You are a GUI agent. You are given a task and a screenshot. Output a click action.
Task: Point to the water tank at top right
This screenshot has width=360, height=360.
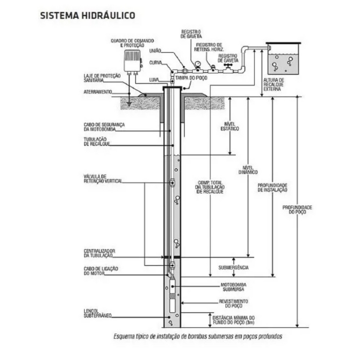pyautogui.click(x=282, y=58)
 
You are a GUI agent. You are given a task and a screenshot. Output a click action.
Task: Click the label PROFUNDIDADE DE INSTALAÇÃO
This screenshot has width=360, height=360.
pyautogui.click(x=272, y=187)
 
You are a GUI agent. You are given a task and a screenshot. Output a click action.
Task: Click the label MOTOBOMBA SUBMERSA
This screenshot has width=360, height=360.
pyautogui.click(x=233, y=287)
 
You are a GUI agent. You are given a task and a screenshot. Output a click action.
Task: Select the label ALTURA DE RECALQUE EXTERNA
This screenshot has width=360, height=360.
pyautogui.click(x=273, y=84)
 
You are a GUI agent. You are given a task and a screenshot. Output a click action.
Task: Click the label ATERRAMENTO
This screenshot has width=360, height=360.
pyautogui.click(x=97, y=91)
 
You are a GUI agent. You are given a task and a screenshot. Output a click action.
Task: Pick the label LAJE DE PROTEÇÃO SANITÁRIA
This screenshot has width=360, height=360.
pyautogui.click(x=102, y=78)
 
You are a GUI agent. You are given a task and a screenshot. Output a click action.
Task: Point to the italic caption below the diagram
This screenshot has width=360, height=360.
pyautogui.click(x=198, y=336)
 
